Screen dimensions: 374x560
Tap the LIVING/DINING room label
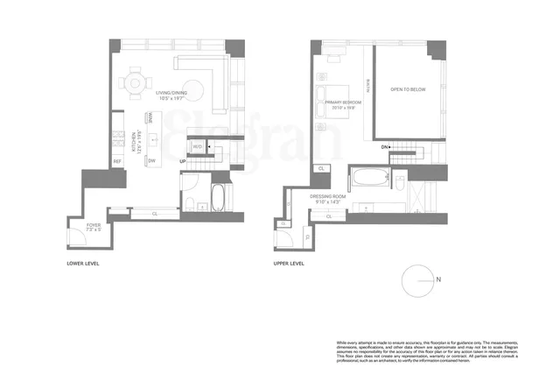click(x=175, y=97)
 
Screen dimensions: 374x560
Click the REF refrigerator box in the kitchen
click(x=116, y=161)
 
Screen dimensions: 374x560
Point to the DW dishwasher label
click(x=151, y=160)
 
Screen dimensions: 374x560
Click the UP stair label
click(x=182, y=162)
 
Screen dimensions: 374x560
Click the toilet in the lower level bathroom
click(x=190, y=203)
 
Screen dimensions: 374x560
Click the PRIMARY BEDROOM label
click(x=337, y=106)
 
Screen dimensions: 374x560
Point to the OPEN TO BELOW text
click(x=408, y=90)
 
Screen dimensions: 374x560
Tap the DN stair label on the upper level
click(x=385, y=148)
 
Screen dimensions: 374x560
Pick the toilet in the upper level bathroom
click(x=398, y=182)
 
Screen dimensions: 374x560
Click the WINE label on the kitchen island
click(x=150, y=120)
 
